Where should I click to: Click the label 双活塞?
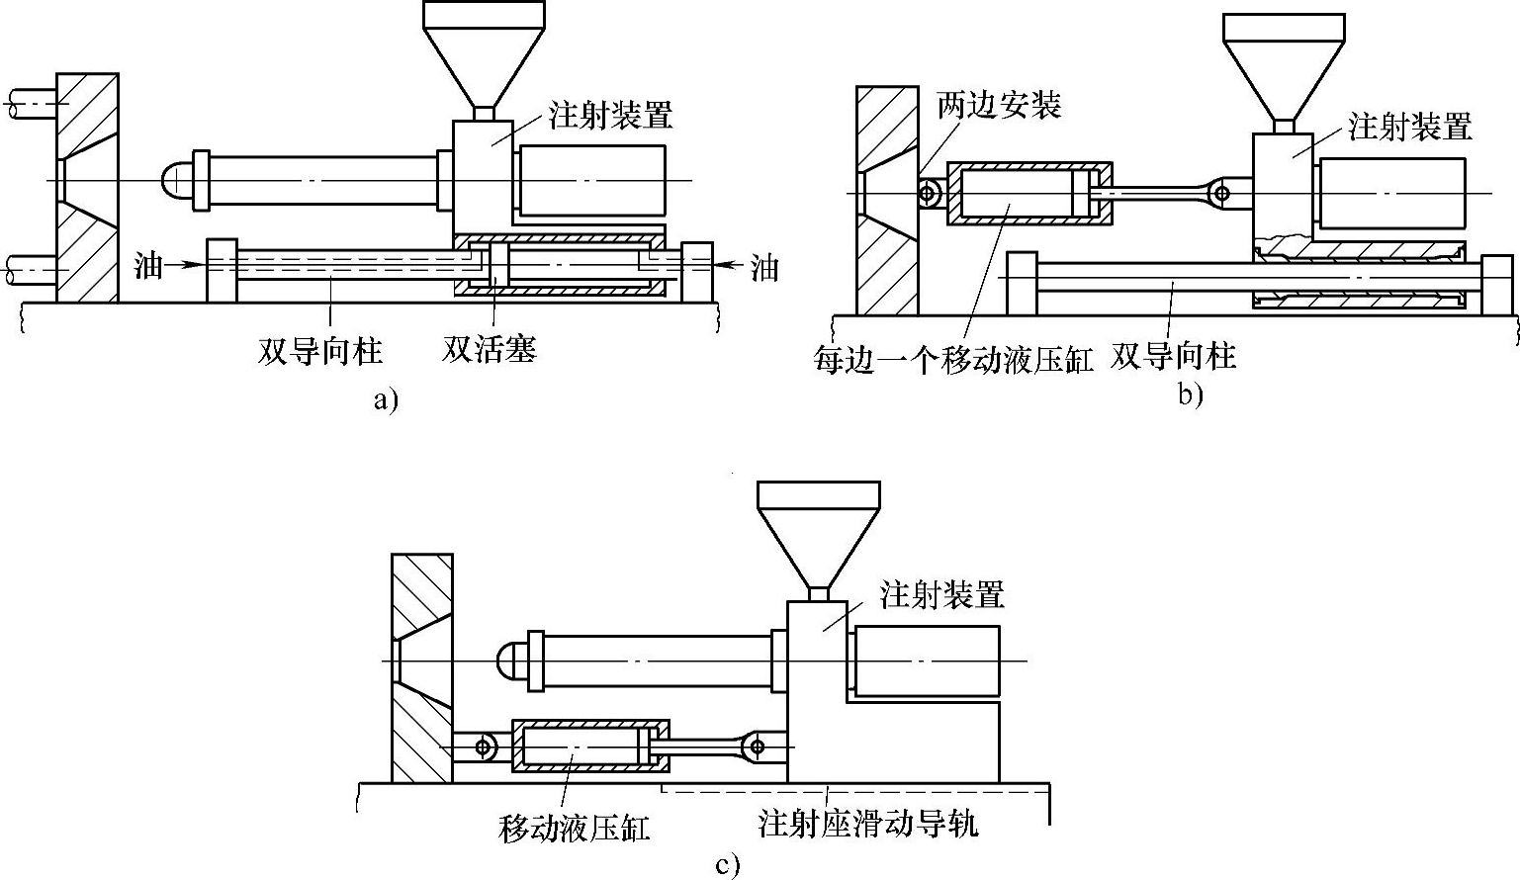[x=489, y=349]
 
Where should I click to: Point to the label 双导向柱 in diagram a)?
[x=320, y=350]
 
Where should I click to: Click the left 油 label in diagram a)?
[x=147, y=265]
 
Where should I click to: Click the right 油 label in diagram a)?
[x=763, y=267]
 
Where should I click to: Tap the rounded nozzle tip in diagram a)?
[x=174, y=180]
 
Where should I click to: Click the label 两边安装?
[x=999, y=106]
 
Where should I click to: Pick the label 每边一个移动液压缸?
[x=953, y=358]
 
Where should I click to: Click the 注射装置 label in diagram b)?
[x=1409, y=126]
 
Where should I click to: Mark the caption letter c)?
[x=727, y=866]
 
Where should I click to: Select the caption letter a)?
[x=386, y=399]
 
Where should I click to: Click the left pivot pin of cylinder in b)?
[x=929, y=193]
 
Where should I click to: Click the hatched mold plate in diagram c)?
[x=422, y=667]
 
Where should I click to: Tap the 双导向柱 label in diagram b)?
[x=1174, y=355]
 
